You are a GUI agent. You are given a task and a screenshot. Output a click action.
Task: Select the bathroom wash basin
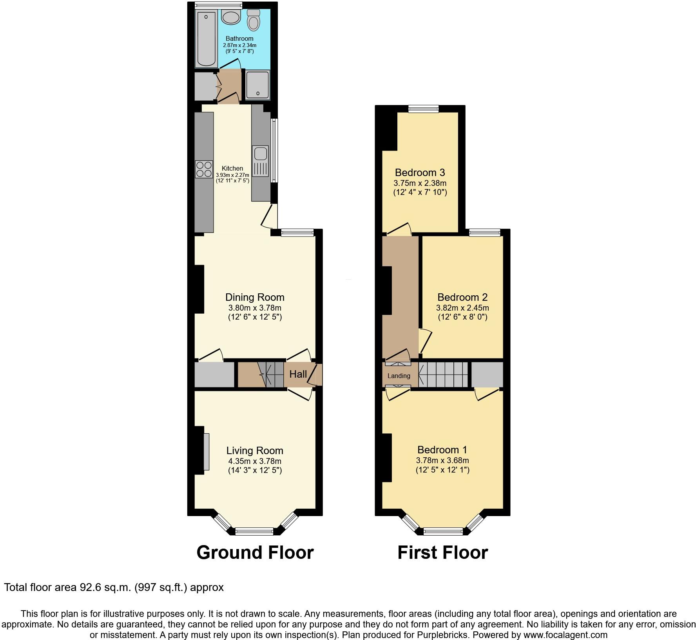click(x=231, y=17)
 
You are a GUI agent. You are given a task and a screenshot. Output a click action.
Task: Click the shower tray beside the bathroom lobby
click(x=257, y=85)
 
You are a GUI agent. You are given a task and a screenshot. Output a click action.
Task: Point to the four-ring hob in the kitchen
click(x=204, y=169)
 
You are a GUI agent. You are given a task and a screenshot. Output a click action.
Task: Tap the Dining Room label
click(x=255, y=297)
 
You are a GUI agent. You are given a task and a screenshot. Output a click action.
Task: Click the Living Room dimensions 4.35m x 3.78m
click(x=255, y=461)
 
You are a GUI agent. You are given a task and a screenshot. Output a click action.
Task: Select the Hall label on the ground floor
click(x=298, y=374)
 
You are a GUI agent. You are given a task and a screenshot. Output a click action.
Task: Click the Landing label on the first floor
click(x=399, y=376)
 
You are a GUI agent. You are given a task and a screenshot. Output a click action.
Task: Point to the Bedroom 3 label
click(x=420, y=173)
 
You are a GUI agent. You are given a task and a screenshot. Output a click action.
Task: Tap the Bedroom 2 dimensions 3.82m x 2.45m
click(x=462, y=308)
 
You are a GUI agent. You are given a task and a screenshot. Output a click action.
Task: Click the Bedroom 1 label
click(x=442, y=450)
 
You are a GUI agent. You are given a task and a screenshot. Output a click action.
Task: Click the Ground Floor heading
click(x=255, y=553)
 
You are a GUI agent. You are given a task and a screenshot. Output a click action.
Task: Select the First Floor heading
click(x=442, y=553)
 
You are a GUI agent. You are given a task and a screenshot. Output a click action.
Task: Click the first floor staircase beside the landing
click(x=444, y=375)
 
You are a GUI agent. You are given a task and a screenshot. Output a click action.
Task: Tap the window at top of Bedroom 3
click(x=423, y=109)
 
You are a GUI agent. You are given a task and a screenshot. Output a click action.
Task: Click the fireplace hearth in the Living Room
click(x=206, y=451)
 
